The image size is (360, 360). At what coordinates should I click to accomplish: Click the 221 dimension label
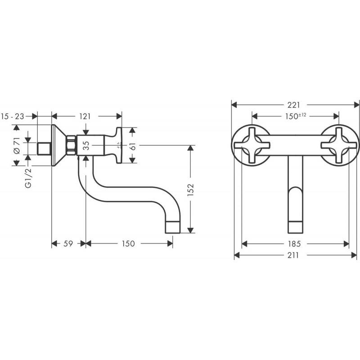click(294, 105)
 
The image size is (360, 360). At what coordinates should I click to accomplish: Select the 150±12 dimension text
click(296, 116)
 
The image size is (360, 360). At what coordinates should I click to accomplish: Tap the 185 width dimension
click(294, 243)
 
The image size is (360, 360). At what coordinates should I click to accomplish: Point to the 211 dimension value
click(293, 255)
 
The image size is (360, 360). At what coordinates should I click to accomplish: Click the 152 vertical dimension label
click(190, 189)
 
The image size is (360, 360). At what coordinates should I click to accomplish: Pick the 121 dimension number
click(85, 117)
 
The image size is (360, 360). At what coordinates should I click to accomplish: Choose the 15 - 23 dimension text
click(13, 117)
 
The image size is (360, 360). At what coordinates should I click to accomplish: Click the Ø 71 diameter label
click(17, 145)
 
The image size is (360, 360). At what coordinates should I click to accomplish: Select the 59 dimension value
click(68, 243)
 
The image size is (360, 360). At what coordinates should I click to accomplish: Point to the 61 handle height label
click(133, 145)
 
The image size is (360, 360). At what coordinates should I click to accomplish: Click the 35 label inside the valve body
click(86, 145)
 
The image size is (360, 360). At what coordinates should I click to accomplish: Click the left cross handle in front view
click(252, 145)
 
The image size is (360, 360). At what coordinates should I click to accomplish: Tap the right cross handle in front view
click(339, 145)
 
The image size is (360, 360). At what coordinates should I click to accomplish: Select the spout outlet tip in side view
click(173, 227)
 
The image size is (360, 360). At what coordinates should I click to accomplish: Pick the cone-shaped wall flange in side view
click(59, 145)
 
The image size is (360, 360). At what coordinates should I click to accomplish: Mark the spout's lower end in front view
click(295, 227)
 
